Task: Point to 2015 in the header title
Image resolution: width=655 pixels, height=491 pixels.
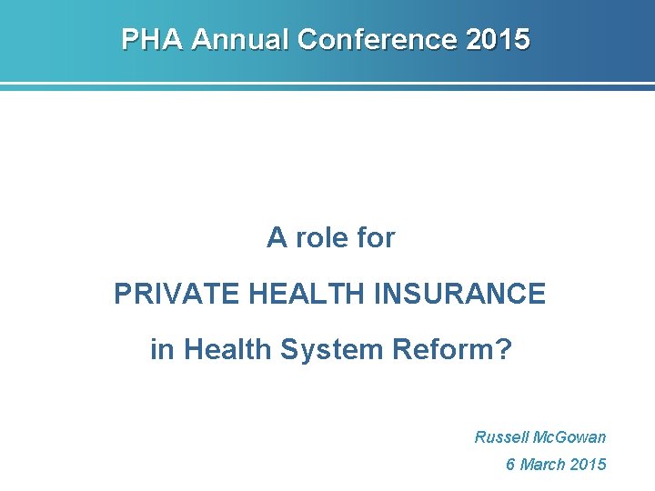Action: tap(498, 40)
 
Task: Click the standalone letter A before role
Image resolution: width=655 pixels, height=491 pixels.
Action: tap(276, 238)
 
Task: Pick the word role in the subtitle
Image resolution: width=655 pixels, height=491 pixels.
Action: tap(320, 238)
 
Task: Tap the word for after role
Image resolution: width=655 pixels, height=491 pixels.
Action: tap(376, 238)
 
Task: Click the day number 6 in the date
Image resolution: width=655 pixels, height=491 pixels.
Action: tap(510, 465)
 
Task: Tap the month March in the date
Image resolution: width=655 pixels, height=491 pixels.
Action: tap(542, 465)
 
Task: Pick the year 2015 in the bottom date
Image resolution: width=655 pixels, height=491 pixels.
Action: tap(588, 465)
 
